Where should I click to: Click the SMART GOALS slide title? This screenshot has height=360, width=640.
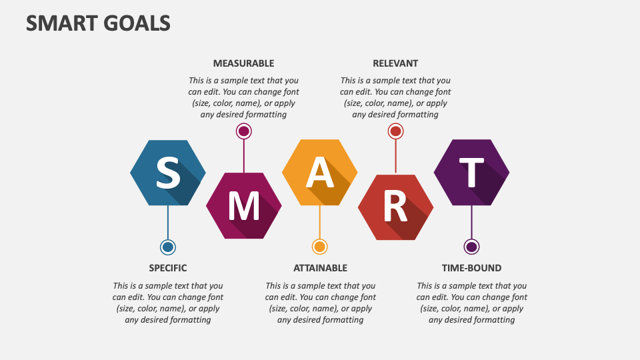[98, 23]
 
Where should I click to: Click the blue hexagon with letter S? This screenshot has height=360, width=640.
[168, 173]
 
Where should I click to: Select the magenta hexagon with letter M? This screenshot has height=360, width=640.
[244, 206]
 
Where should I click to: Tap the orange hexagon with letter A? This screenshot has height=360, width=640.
[319, 172]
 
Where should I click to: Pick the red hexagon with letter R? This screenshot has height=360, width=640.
[395, 207]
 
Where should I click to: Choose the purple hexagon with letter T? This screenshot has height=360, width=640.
[471, 172]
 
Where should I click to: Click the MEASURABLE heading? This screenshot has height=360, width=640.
[244, 63]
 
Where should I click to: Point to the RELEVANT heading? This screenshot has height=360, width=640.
[395, 63]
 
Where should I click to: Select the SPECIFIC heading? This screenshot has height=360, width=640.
[168, 268]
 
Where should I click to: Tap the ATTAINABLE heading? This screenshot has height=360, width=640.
[320, 268]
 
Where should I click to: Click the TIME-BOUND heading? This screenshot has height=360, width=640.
[471, 268]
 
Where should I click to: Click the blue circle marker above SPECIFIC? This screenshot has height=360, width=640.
[168, 247]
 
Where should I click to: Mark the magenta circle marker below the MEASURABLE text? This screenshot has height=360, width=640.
[244, 131]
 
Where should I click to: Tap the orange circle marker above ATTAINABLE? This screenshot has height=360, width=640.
[319, 247]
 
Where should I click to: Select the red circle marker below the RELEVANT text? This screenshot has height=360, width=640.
[395, 131]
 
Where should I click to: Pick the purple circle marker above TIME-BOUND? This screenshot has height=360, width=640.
[471, 247]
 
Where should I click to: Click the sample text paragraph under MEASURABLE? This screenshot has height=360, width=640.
[244, 97]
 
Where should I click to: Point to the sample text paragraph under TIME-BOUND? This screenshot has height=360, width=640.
[471, 303]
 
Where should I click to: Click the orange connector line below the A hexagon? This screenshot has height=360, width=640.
[319, 222]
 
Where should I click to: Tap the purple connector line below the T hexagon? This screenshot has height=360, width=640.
[471, 222]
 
